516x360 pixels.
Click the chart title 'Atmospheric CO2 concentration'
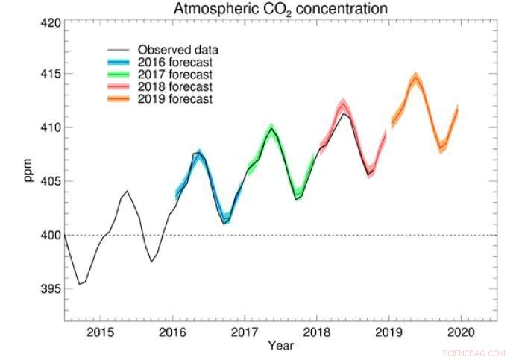pos(280,10)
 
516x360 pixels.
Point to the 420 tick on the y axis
pos(48,22)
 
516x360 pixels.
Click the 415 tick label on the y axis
pos(48,75)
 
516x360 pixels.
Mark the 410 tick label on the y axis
pos(48,128)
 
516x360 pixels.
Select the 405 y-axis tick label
pos(48,181)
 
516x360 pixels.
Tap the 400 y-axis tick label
pos(48,235)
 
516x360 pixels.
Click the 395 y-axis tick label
pos(48,288)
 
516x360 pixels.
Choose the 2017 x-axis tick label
pos(245,331)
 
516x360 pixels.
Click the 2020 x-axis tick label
pos(462,331)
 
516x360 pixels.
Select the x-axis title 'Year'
pos(281,345)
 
